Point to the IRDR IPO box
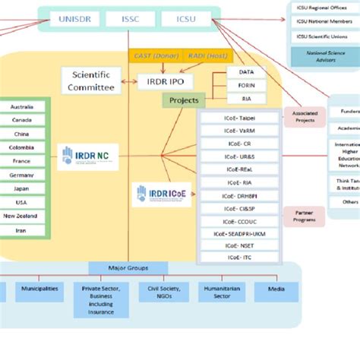click(x=165, y=81)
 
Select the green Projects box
click(x=183, y=100)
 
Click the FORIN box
click(x=247, y=85)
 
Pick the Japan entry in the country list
click(x=22, y=189)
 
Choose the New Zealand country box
click(x=22, y=216)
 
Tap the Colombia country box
click(x=22, y=148)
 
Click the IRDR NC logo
click(x=87, y=156)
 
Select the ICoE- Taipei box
click(x=238, y=118)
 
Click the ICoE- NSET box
click(x=238, y=246)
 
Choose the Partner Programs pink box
click(x=304, y=216)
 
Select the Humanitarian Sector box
click(x=222, y=292)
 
